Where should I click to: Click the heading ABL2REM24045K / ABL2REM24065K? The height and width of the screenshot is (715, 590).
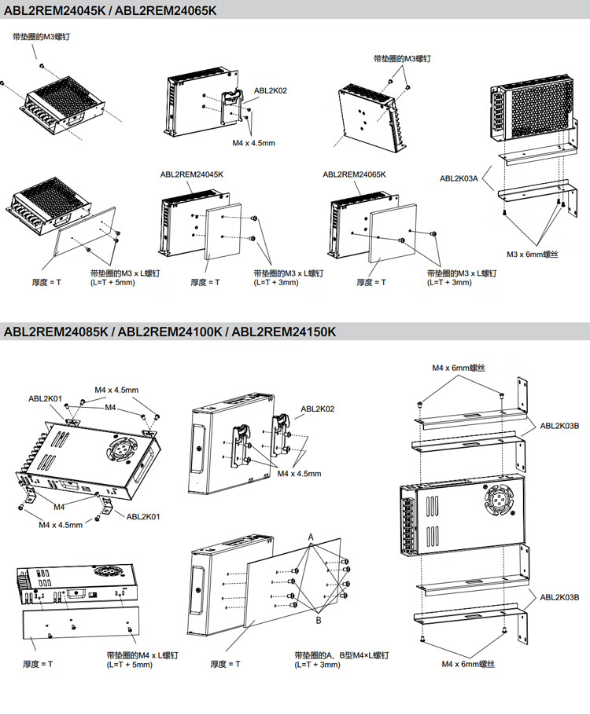(x=110, y=10)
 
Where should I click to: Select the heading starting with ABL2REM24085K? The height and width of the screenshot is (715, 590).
(x=170, y=332)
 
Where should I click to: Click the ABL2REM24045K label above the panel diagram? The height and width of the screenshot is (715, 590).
(x=192, y=174)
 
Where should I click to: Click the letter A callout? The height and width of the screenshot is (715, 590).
(x=311, y=536)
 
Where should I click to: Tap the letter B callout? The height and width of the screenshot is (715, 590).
(x=319, y=620)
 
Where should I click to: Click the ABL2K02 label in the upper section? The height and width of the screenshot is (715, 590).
(x=270, y=90)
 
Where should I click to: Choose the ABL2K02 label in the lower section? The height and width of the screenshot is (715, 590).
(x=317, y=409)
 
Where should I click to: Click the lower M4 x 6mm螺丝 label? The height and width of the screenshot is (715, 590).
(x=469, y=664)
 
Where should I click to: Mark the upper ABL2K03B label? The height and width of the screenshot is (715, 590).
(x=559, y=426)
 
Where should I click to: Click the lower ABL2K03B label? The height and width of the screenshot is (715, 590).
(x=559, y=597)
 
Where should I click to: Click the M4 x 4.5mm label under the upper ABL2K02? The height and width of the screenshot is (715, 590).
(x=253, y=143)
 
